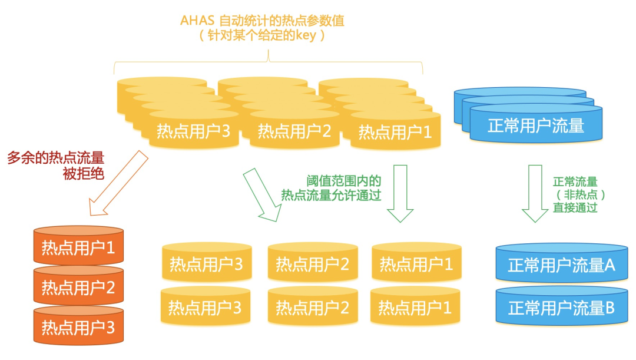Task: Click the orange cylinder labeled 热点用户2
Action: pyautogui.click(x=78, y=287)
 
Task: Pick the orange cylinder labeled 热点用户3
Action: pyautogui.click(x=78, y=326)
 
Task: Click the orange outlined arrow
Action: pyautogui.click(x=118, y=183)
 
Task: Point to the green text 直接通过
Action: pyautogui.click(x=575, y=207)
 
